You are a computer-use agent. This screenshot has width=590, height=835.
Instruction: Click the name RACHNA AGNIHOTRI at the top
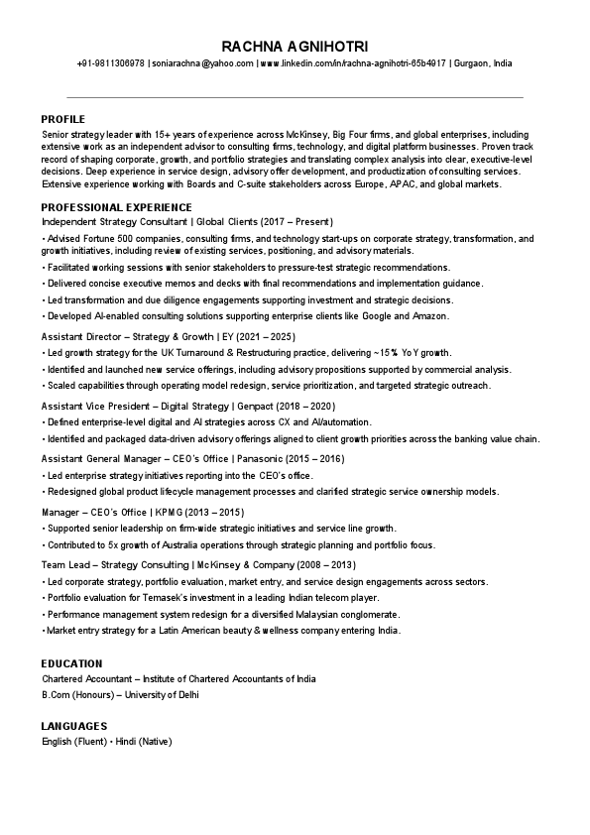click(295, 46)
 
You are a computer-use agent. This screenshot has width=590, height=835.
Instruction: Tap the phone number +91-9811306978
click(110, 63)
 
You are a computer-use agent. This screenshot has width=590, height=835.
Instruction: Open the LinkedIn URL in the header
click(352, 63)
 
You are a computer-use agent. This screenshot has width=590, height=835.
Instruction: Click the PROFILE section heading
click(62, 118)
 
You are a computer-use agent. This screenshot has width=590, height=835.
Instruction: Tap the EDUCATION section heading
click(71, 663)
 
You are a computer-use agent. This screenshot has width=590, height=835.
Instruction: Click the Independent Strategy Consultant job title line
click(187, 221)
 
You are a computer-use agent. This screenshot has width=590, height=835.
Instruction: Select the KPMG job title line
click(142, 512)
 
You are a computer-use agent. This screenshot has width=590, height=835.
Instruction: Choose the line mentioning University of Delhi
click(120, 694)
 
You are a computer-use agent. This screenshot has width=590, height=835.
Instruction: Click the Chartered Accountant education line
click(178, 679)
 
